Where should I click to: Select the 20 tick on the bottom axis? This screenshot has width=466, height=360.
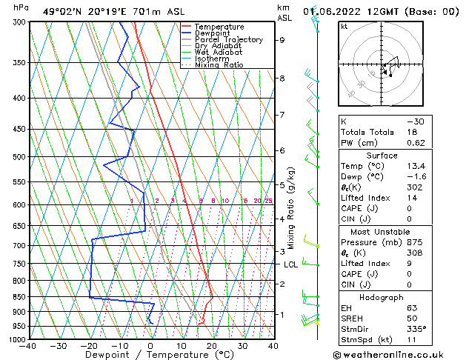coord(212,346)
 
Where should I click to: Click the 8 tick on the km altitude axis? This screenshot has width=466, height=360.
coord(282,78)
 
